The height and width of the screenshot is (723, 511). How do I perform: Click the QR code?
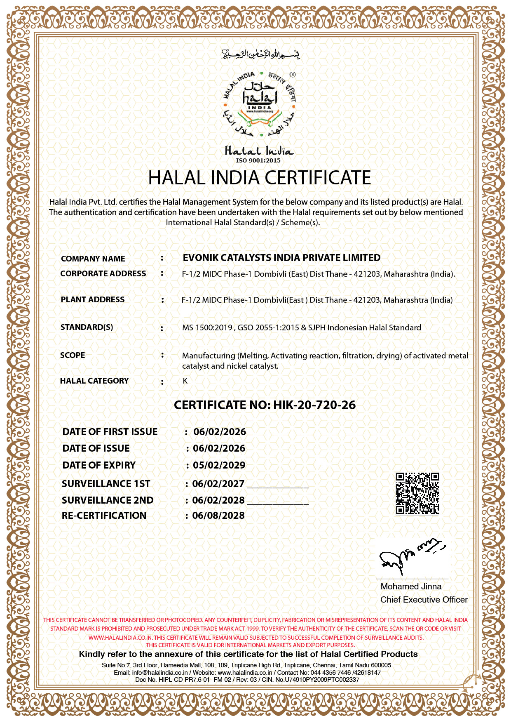[417, 493]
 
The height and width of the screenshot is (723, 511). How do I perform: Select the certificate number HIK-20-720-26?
[314, 405]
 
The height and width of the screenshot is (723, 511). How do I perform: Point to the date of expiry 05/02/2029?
[219, 465]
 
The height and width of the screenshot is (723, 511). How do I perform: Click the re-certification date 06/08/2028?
[218, 516]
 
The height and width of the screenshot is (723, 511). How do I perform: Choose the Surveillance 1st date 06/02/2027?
[218, 484]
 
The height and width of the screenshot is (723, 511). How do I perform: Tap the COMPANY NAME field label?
[93, 259]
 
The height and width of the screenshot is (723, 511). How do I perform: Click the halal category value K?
[185, 381]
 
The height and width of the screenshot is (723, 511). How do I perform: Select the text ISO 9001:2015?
[258, 160]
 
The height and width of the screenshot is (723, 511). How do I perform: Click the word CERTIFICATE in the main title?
[318, 178]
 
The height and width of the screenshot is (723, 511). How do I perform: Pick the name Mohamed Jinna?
[411, 586]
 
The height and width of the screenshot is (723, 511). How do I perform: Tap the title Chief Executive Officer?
[424, 600]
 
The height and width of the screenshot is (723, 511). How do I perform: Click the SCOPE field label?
[73, 355]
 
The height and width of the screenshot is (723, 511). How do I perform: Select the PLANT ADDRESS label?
[93, 299]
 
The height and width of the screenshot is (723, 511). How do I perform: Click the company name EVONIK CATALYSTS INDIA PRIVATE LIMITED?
[282, 258]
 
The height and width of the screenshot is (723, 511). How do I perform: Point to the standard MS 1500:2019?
[207, 328]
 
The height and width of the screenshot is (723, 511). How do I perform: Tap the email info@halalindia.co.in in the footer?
[160, 673]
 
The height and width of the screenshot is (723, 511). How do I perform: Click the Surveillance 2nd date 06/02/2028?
[218, 500]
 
